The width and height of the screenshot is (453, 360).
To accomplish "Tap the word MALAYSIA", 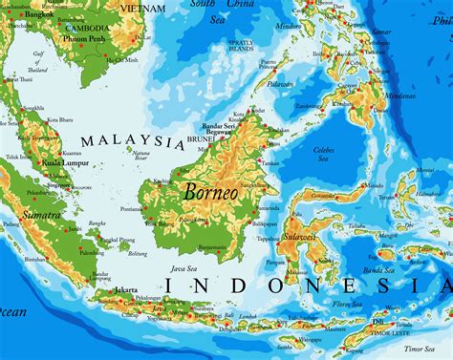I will [132, 141].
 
